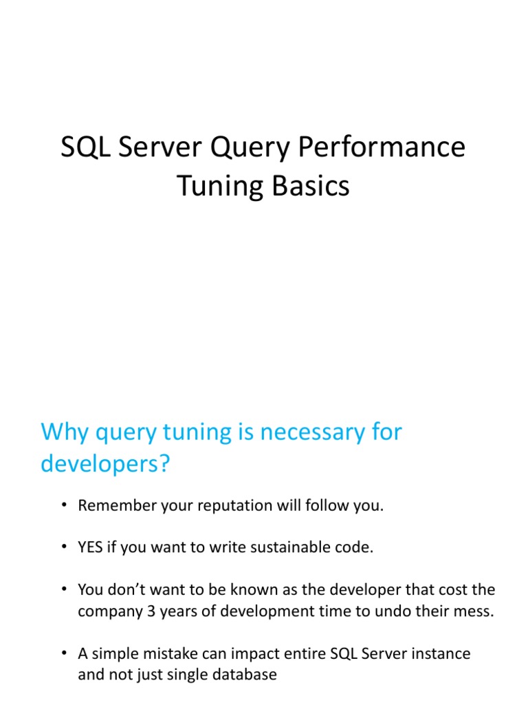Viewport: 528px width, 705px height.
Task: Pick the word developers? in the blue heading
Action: pyautogui.click(x=104, y=463)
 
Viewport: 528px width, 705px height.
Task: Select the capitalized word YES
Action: pyautogui.click(x=91, y=548)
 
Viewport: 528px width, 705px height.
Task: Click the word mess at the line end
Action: pyautogui.click(x=475, y=611)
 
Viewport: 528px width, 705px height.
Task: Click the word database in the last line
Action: pyautogui.click(x=243, y=674)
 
